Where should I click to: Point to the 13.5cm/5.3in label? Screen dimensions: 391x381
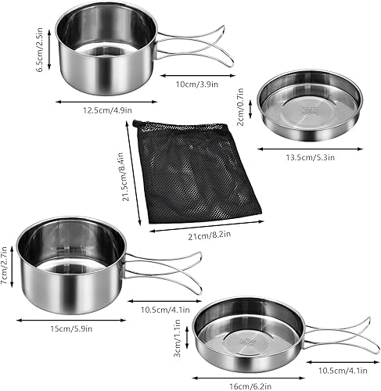click(x=308, y=157)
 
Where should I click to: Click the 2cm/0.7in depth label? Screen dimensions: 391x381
click(x=240, y=107)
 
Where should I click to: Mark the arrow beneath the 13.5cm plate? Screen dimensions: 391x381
click(x=308, y=146)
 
